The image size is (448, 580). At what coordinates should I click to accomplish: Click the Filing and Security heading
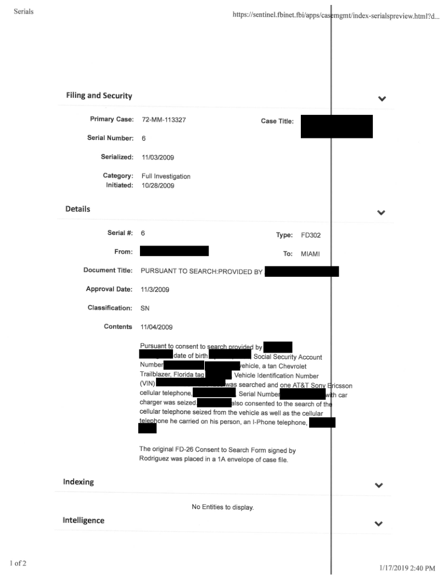coord(99,96)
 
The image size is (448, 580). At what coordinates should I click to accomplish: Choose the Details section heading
coord(78,209)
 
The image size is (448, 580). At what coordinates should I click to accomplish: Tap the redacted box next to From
coord(174,252)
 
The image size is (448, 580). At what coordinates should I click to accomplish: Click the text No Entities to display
coord(222,507)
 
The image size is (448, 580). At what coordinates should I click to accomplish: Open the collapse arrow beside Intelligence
coord(378,524)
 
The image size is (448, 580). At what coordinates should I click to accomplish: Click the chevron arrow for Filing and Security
coord(382,99)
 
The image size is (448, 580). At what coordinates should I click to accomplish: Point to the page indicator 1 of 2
coord(20,564)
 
